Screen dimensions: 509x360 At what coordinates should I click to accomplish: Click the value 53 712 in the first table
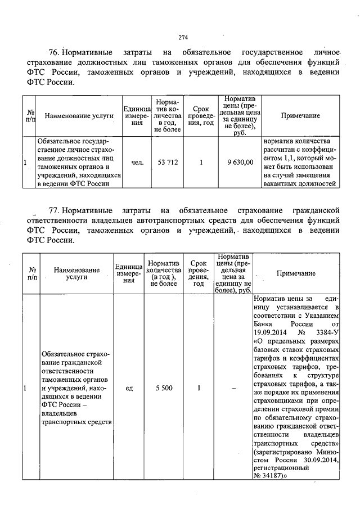tap(168, 163)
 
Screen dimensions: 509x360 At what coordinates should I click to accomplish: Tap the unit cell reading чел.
tap(137, 163)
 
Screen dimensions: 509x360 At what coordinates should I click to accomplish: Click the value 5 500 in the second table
tap(165, 388)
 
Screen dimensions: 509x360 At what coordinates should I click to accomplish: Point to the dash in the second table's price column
tap(232, 388)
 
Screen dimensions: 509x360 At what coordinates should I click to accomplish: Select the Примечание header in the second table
tap(296, 273)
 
